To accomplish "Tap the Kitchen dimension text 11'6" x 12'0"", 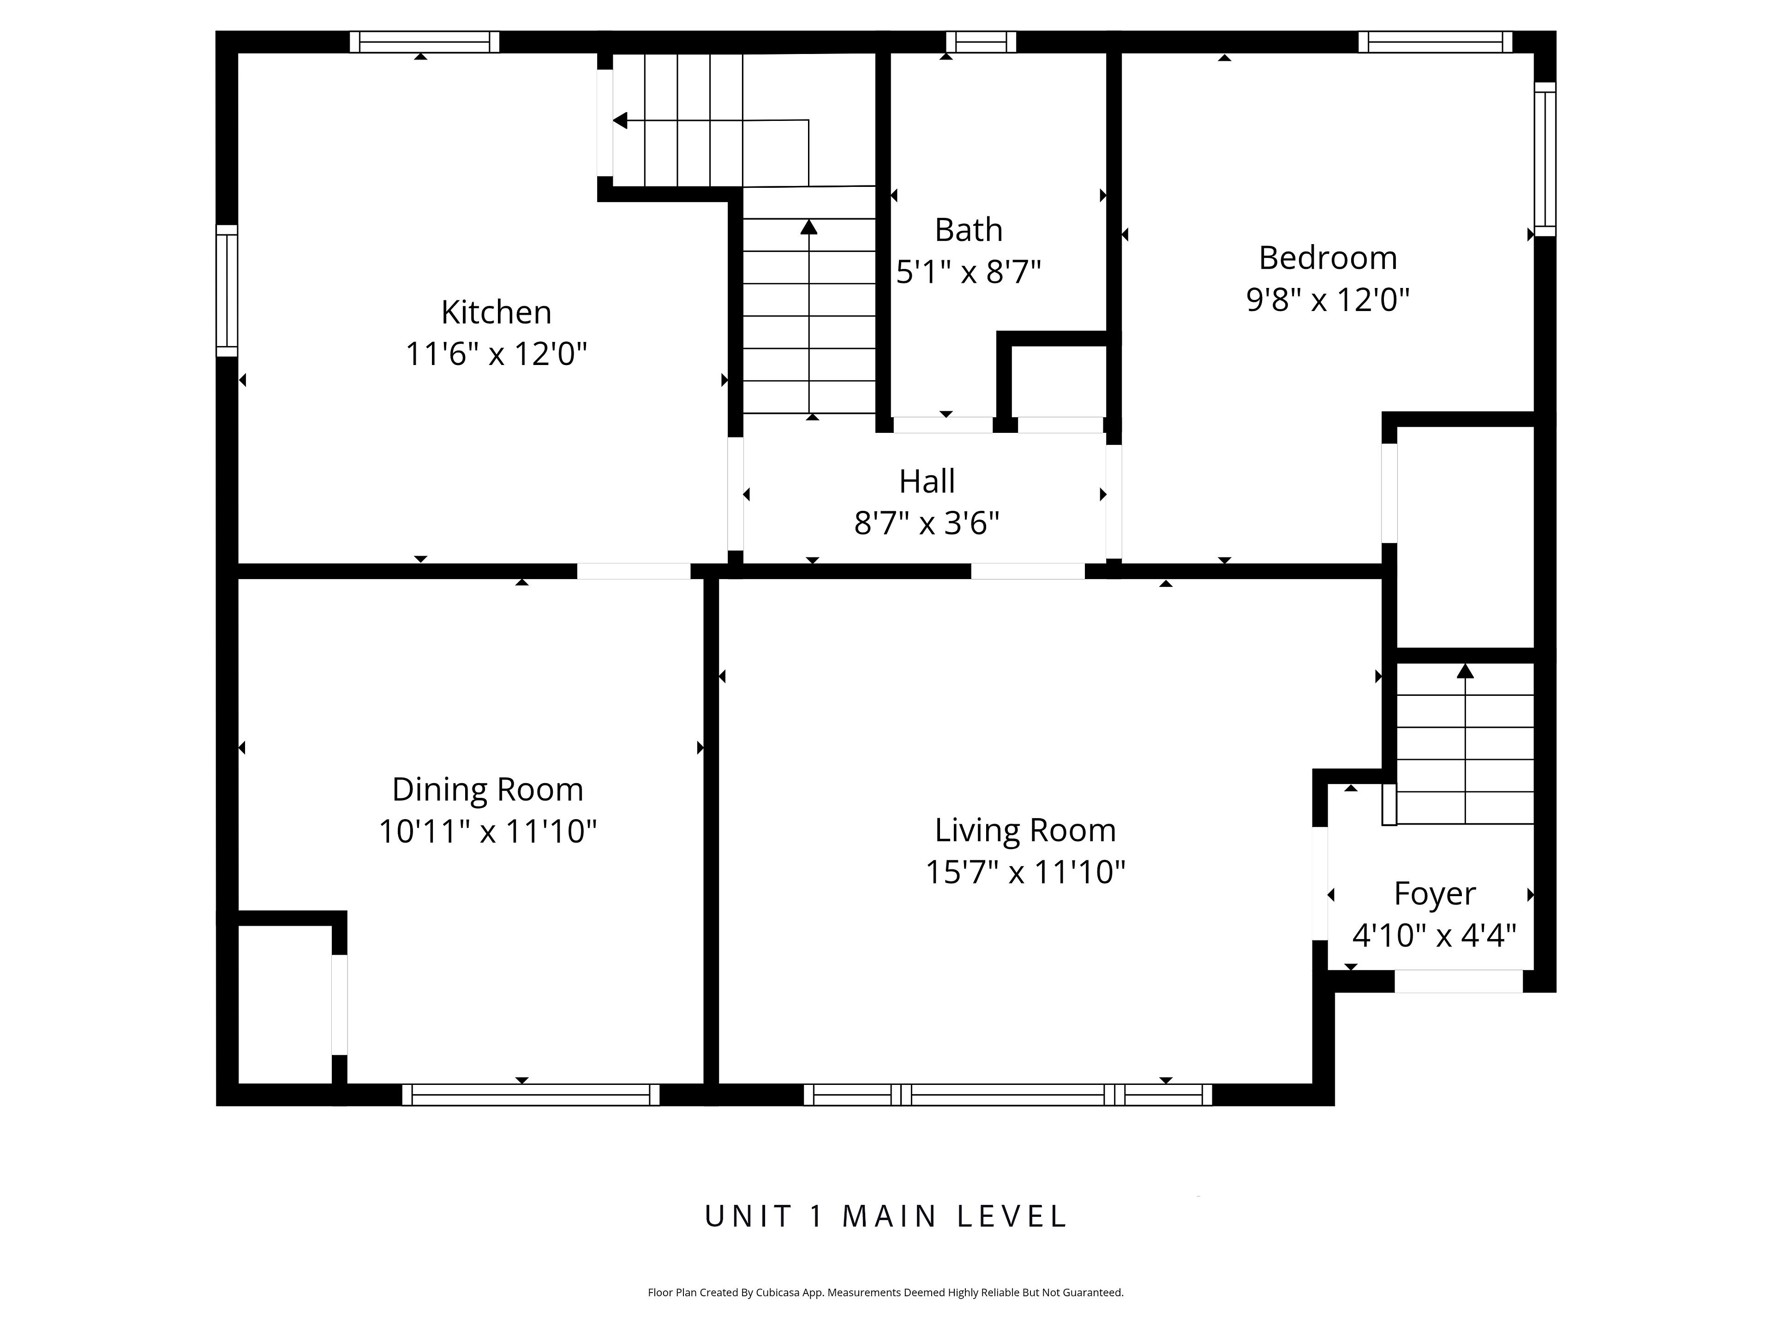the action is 496,354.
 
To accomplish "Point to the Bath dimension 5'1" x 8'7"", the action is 969,272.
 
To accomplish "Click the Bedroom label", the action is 1328,258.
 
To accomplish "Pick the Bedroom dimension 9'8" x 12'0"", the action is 1328,299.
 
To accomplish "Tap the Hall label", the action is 927,481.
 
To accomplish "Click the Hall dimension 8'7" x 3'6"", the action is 927,523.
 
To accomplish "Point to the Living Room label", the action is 1025,830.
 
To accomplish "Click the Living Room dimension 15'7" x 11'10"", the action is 1025,872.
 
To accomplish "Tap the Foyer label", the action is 1435,894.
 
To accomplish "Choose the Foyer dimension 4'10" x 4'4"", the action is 1435,935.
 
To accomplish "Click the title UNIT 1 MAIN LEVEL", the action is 886,1216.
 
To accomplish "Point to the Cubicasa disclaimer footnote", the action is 886,1292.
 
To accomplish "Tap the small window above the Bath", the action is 982,42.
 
